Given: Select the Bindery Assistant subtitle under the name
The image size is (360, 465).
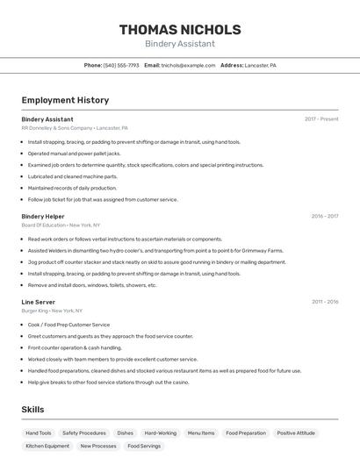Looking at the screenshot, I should tap(179, 44).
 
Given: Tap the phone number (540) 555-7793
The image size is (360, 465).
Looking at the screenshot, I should tap(121, 65).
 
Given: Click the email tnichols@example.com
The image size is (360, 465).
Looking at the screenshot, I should tap(188, 65).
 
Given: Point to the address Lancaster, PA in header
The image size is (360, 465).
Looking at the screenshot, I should tap(260, 65).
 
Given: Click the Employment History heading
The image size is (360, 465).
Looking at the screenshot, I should tap(65, 100).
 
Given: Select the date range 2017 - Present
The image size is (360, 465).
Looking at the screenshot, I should tap(321, 118).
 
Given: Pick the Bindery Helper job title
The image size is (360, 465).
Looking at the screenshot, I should tap(43, 216).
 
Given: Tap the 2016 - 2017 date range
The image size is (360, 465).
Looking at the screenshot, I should tap(325, 216).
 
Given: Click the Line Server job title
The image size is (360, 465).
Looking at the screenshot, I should tap(39, 302).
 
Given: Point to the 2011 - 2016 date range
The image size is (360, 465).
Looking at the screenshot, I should tap(325, 302).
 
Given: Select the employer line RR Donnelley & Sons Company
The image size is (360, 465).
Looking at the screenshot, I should tap(75, 127).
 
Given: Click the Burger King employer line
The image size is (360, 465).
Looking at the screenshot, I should tap(52, 311).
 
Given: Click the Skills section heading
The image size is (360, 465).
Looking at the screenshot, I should tap(32, 410).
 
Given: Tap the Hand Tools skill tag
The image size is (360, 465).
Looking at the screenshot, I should tap(39, 433).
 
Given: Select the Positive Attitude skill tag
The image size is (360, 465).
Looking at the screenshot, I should tap(296, 433).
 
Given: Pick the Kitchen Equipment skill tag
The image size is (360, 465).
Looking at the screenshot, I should tap(47, 446).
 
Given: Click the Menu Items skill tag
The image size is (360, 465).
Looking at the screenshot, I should tap(201, 433).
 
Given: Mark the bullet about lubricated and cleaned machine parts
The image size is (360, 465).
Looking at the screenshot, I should tap(73, 176).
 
